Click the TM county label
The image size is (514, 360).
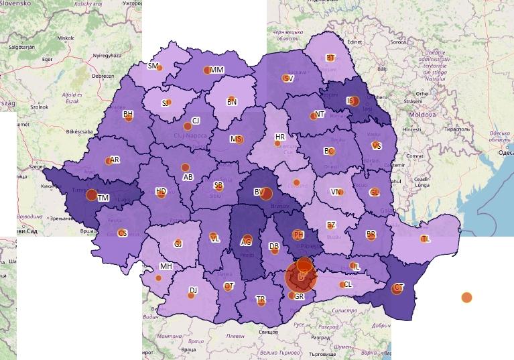(103, 198)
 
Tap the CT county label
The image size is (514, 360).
(399, 287)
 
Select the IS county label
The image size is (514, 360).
(350, 101)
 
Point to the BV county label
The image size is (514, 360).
(258, 192)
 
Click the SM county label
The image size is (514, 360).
(153, 66)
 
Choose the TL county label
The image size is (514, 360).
(426, 239)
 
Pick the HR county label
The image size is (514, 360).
(280, 137)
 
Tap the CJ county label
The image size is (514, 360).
(196, 121)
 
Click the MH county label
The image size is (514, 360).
(166, 266)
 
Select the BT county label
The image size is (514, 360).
(330, 58)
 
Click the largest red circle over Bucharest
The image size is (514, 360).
(301, 277)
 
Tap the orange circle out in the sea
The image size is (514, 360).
(466, 297)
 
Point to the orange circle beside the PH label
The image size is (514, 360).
(297, 235)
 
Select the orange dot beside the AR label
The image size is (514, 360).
(108, 161)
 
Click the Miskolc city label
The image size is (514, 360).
(66, 38)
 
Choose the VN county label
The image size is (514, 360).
(335, 192)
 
